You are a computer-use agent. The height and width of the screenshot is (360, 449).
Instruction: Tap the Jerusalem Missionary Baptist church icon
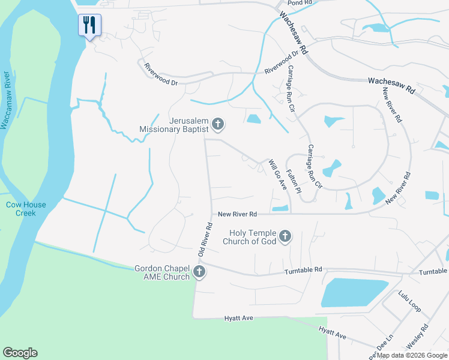pyautogui.click(x=218, y=124)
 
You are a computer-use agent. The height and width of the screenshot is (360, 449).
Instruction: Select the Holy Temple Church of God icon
pyautogui.click(x=285, y=236)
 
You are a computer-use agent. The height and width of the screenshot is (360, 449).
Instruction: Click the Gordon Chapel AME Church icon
pyautogui.click(x=200, y=272)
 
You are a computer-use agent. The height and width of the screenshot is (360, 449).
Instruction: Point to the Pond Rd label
pyautogui.click(x=301, y=2)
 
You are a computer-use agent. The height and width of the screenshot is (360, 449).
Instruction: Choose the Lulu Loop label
pyautogui.click(x=409, y=301)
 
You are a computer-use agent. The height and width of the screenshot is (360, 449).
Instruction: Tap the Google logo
pyautogui.click(x=20, y=353)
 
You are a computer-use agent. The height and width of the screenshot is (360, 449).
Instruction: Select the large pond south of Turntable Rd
pyautogui.click(x=355, y=293)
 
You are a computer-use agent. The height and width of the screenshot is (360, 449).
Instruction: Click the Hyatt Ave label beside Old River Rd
pyautogui.click(x=240, y=318)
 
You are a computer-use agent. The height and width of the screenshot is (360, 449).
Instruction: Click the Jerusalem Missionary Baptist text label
pyautogui.click(x=173, y=124)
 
